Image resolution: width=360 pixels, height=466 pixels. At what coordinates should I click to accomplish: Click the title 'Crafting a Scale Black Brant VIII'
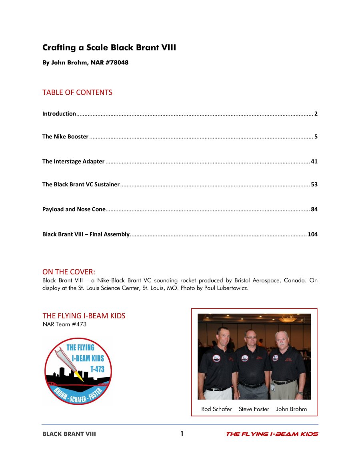[x=109, y=48]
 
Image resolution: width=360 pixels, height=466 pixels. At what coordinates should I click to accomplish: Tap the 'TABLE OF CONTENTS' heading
[x=77, y=92]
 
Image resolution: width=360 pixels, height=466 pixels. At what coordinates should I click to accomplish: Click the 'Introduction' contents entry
[x=59, y=114]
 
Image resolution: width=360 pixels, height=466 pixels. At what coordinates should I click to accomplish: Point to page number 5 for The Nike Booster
[x=316, y=137]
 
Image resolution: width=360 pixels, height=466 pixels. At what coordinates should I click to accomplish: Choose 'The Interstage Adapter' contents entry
[x=74, y=162]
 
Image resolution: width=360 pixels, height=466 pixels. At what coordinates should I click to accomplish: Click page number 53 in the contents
[x=314, y=185]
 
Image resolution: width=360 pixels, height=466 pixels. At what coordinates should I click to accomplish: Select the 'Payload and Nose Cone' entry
[x=74, y=209]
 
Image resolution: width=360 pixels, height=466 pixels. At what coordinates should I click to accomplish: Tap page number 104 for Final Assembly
[x=312, y=234]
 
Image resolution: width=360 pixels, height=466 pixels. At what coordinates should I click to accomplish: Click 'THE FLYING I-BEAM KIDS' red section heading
[x=84, y=316]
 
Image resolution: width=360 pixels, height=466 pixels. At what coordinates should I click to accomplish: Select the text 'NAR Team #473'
[x=64, y=324]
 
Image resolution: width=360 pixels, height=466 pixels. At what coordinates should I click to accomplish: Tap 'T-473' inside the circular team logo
[x=97, y=369]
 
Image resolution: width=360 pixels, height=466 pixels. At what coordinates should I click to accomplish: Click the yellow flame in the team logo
[x=80, y=376]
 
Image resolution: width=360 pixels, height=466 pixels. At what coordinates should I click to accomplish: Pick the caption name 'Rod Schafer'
[x=216, y=409]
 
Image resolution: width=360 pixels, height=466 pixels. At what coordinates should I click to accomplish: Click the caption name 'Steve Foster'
[x=254, y=409]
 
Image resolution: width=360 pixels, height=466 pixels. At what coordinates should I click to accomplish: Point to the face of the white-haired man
[x=282, y=340]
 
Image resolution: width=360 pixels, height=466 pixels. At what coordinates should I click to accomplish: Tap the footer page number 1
[x=182, y=434]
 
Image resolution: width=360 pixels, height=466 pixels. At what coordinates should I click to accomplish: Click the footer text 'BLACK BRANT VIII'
[x=69, y=434]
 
